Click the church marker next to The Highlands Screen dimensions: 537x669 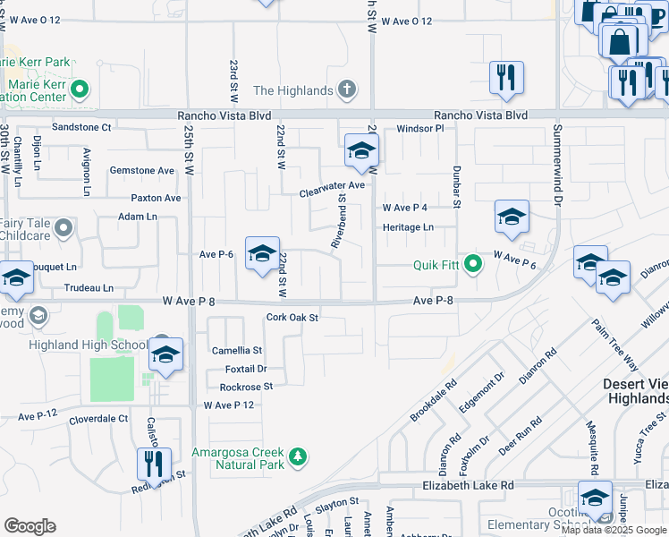[347, 89]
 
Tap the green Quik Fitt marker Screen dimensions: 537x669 [473, 264]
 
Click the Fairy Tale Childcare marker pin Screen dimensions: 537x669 [63, 229]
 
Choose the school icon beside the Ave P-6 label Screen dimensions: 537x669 [262, 255]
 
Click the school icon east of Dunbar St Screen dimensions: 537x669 [512, 217]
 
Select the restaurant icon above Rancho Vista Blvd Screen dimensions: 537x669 [506, 78]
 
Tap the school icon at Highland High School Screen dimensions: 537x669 [166, 356]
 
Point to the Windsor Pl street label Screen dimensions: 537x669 [420, 129]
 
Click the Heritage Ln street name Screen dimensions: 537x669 [408, 227]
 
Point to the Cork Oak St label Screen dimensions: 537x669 [292, 318]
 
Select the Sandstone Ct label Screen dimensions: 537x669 [80, 128]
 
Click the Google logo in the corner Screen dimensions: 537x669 [30, 526]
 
